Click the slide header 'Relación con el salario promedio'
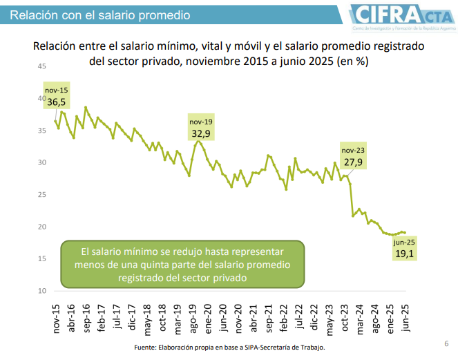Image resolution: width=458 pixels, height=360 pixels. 96,15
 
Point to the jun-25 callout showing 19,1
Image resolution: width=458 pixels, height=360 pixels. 404,248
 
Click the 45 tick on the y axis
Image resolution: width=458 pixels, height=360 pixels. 42,66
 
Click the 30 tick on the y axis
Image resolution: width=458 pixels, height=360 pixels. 42,162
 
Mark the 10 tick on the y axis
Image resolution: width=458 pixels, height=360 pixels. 42,291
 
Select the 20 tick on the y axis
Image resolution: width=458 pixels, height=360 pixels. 42,227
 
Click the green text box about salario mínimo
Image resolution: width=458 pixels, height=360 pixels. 184,265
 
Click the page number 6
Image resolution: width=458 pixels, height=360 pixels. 446,343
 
